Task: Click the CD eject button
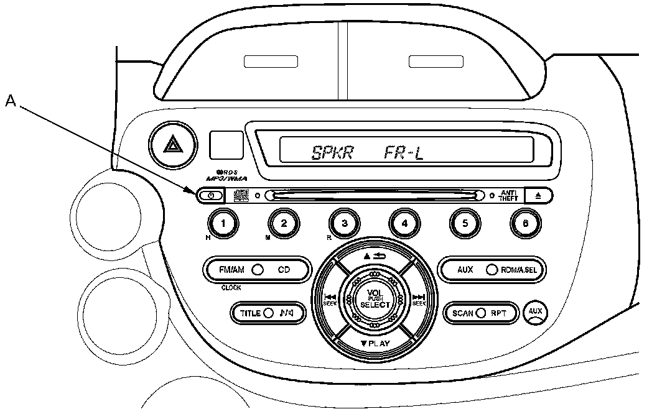point(538,195)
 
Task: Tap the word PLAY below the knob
point(378,343)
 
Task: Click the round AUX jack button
point(534,311)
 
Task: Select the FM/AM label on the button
point(231,270)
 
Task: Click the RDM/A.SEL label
point(521,270)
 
